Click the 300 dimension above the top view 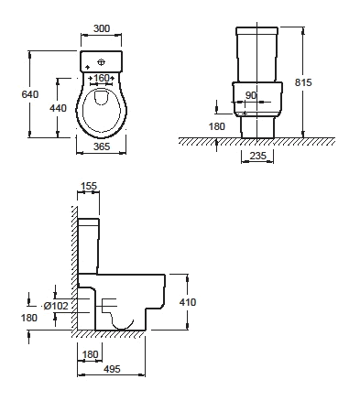[102, 28]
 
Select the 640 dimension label [30, 94]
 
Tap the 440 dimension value [58, 108]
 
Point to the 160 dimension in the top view [102, 78]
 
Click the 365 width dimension [102, 146]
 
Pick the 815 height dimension [303, 82]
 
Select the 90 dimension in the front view [251, 95]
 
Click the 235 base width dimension [258, 156]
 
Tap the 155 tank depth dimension [89, 186]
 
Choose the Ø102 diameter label [56, 306]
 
